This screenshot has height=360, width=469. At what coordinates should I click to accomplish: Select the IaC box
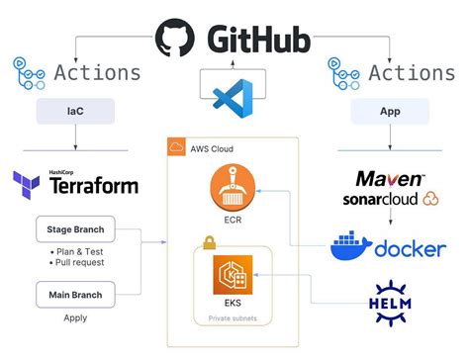point(73,112)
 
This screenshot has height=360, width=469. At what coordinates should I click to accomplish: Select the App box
point(389,112)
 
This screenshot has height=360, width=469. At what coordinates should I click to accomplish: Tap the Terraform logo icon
point(27,184)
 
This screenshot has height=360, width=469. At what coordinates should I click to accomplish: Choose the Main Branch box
point(75,294)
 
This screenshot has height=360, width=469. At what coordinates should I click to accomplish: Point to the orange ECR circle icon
point(234,188)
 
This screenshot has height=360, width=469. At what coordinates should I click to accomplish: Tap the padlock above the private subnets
point(209,241)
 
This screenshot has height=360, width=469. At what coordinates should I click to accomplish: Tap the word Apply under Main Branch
point(75,318)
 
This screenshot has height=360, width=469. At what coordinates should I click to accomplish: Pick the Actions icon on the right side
point(342,72)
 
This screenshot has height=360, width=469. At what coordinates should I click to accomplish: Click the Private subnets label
point(234,318)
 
